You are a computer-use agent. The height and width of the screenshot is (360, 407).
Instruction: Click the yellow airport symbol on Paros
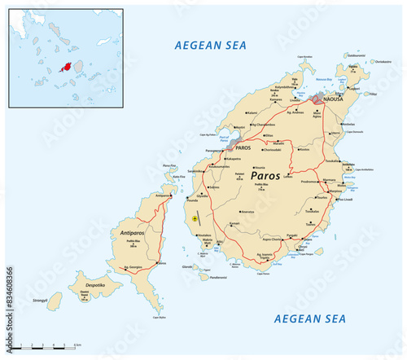pos(195,218)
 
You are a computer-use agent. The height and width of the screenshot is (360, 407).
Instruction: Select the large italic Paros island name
pos(270,175)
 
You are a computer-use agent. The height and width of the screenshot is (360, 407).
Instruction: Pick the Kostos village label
pos(304,149)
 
